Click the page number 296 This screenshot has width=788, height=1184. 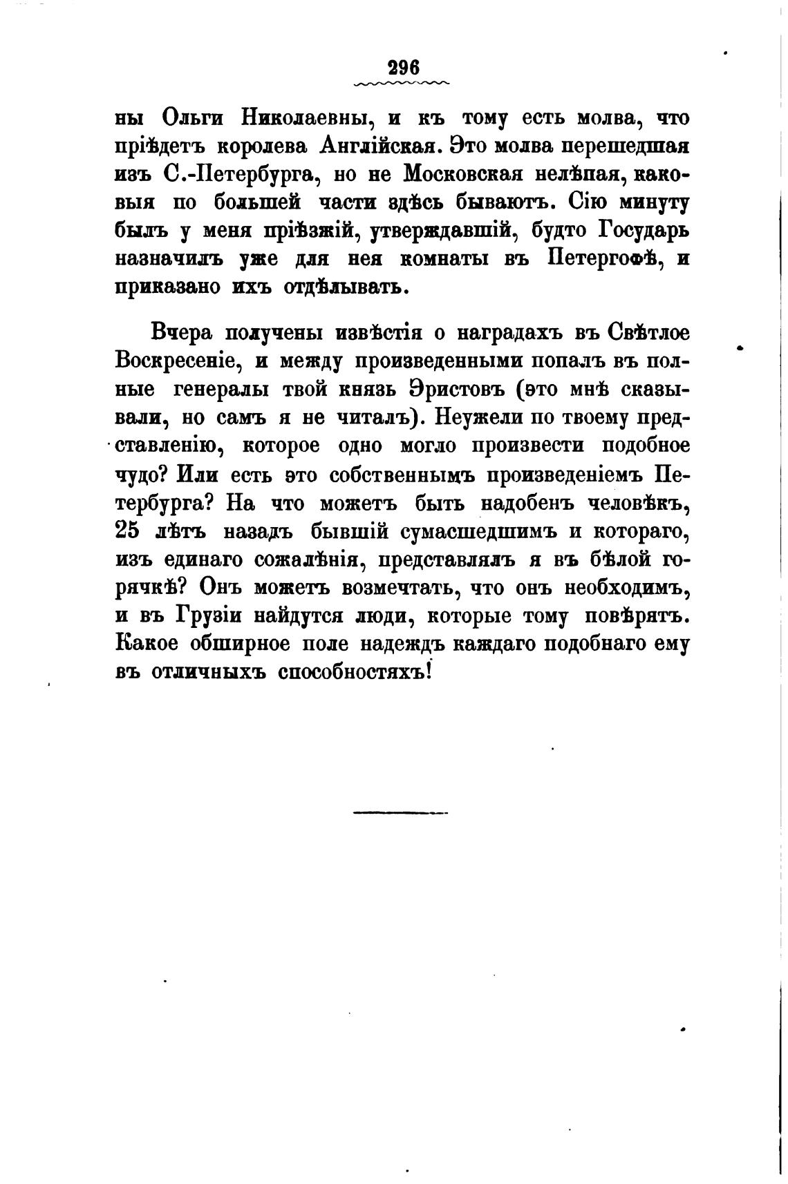(404, 68)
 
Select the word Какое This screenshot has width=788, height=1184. (145, 644)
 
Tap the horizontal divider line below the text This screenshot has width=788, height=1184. (400, 812)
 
